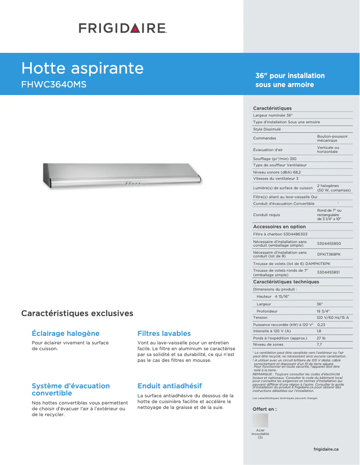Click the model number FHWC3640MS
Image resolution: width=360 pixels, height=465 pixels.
tap(54, 84)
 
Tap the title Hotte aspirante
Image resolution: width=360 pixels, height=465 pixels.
tap(83, 68)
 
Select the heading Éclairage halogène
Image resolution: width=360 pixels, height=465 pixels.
tap(66, 334)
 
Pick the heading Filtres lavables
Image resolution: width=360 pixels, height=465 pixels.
tap(164, 334)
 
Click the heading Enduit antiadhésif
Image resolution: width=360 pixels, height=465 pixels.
tap(169, 386)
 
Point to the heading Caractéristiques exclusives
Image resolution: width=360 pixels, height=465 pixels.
tap(77, 313)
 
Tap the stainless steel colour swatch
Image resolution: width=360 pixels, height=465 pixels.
tap(260, 420)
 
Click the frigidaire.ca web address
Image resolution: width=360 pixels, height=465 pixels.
tap(326, 449)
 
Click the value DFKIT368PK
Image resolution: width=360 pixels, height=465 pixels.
tap(329, 254)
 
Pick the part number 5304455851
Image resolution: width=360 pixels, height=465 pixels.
tap(329, 272)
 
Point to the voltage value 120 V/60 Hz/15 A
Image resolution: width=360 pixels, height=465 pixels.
tap(333, 317)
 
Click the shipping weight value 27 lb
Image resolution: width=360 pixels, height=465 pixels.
tap(321, 338)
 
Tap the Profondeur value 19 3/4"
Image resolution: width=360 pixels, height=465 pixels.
tap(323, 311)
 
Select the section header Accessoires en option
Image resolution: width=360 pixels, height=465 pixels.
tap(279, 227)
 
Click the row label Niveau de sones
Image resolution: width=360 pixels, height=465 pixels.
tap(268, 344)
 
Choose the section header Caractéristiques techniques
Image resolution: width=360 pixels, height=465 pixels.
tap(286, 282)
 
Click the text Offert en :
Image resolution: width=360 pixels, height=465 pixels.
tap(265, 409)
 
